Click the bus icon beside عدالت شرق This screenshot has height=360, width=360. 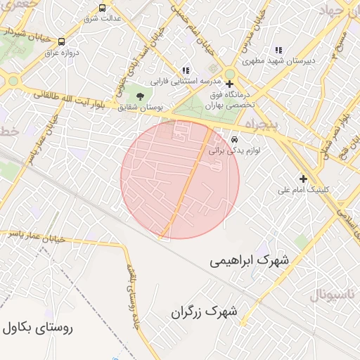[103, 8]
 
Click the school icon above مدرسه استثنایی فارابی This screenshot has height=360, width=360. [186, 70]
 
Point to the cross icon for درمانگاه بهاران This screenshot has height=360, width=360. [229, 84]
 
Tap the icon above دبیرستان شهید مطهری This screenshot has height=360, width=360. [278, 50]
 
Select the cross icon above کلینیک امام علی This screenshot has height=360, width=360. [303, 179]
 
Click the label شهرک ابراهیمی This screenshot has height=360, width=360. [249, 260]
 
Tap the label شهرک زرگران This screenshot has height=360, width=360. [205, 311]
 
